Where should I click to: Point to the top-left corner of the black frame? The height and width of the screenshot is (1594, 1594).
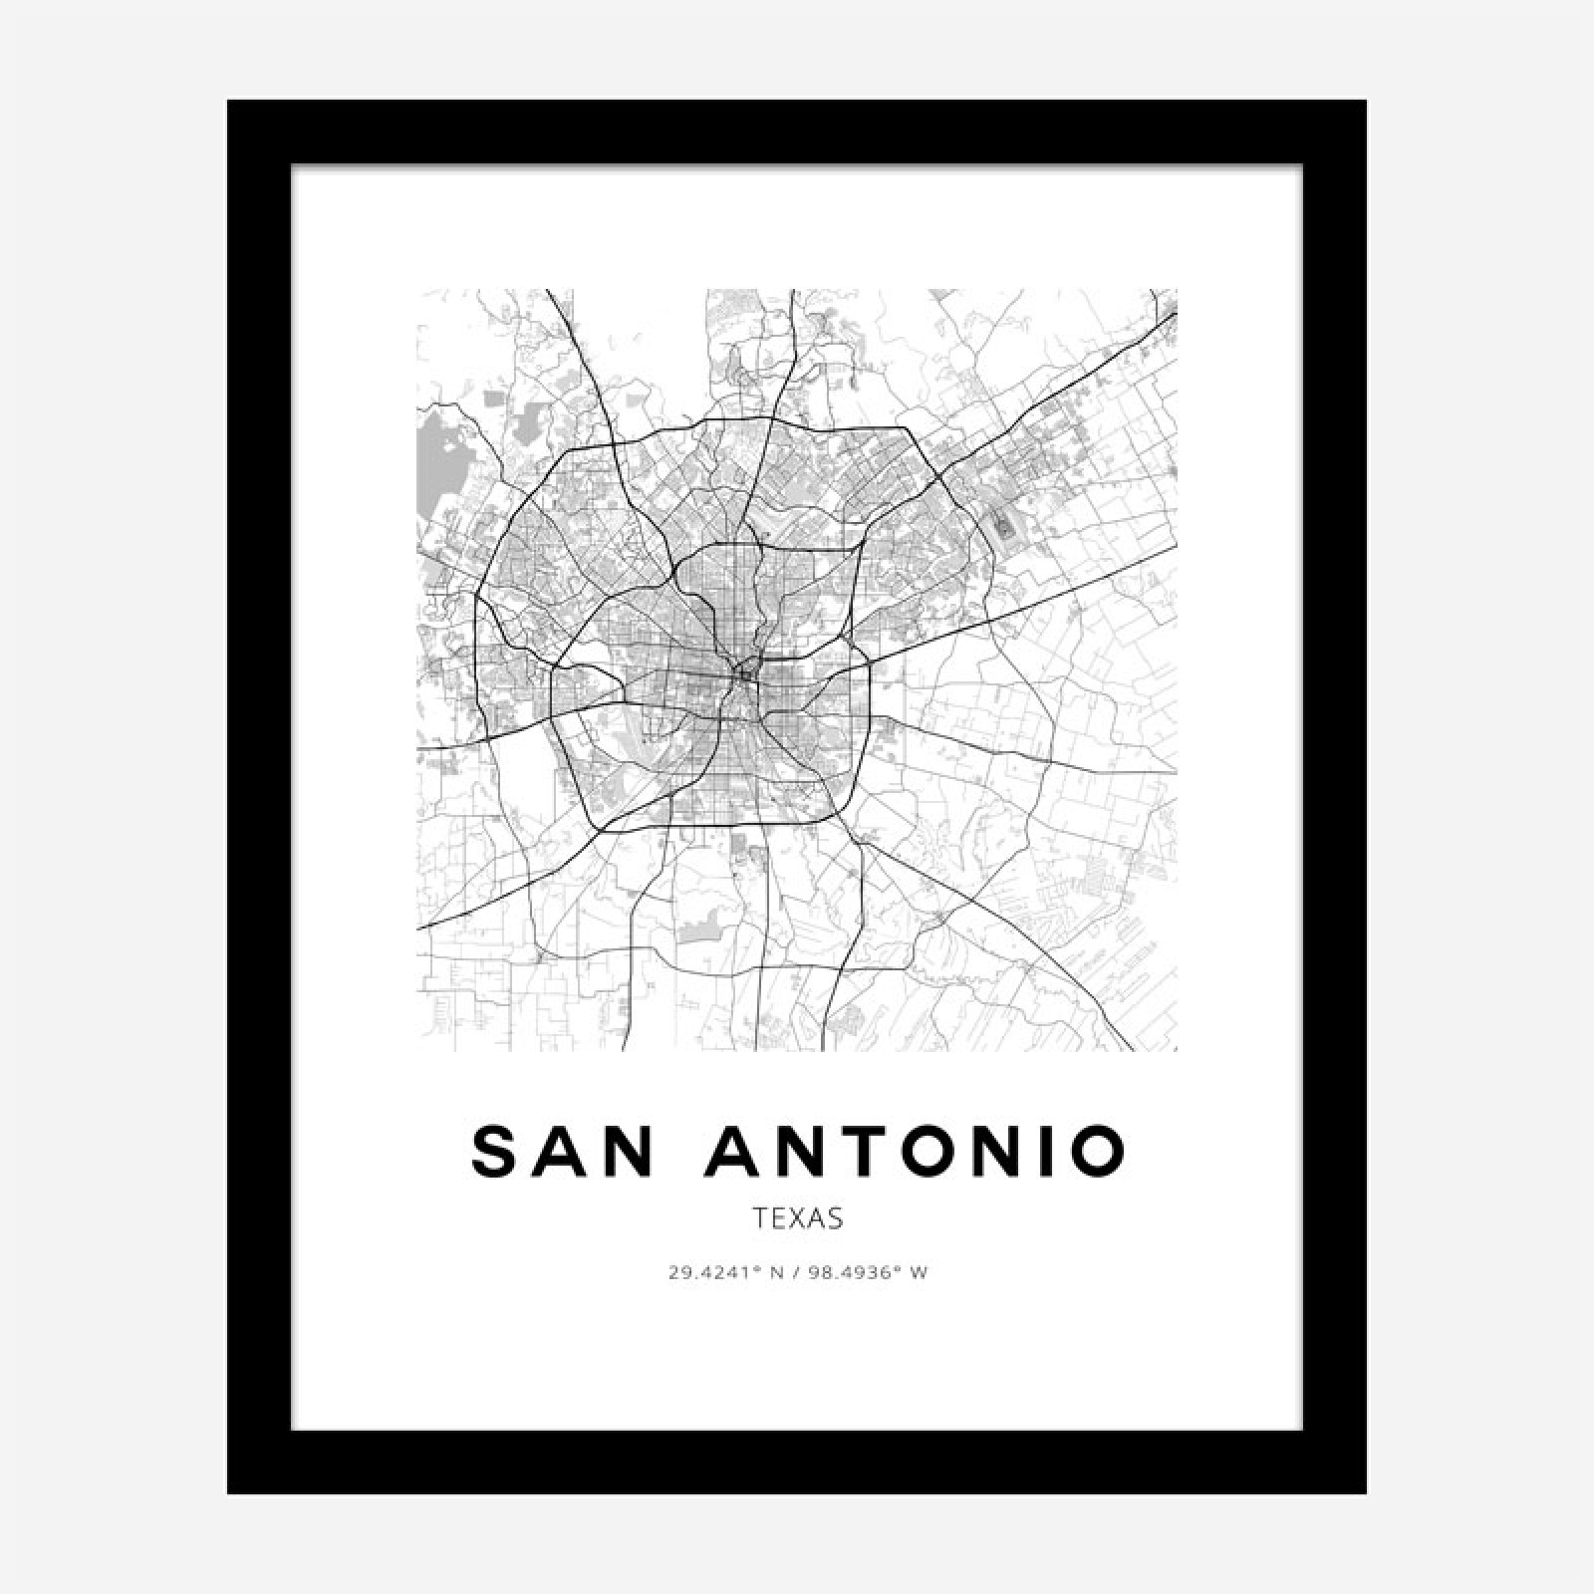229,102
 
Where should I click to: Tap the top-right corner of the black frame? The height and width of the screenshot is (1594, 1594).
1364,102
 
